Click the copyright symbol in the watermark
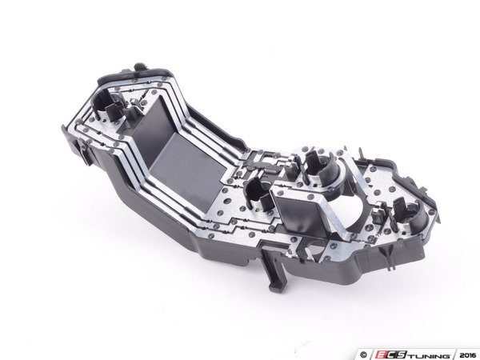pyautogui.click(x=363, y=355)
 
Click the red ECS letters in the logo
pyautogui.click(x=388, y=355)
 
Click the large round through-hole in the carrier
pyautogui.click(x=348, y=210)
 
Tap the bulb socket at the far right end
pyautogui.click(x=410, y=214)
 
